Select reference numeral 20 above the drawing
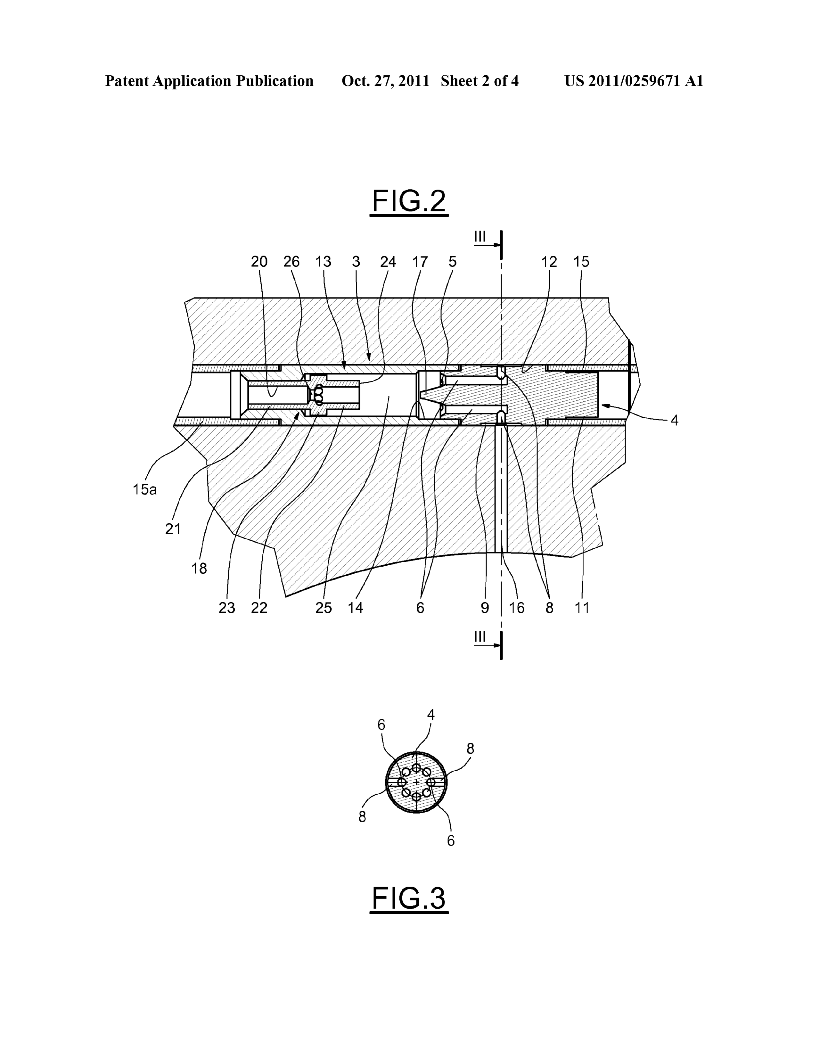(259, 262)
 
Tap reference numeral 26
(291, 262)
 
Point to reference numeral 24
(388, 262)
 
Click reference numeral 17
(420, 262)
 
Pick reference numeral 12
(549, 262)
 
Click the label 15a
(145, 489)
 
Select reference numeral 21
(173, 529)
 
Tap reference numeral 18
(199, 568)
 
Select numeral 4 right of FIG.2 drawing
(674, 421)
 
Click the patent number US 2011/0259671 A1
(634, 81)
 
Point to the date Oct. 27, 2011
(385, 81)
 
